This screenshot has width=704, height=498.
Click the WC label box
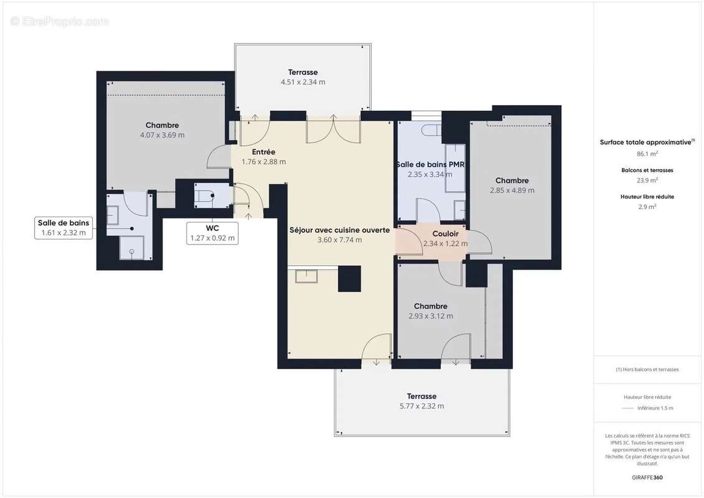(213, 233)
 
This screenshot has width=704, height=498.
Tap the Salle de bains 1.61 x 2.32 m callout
(63, 228)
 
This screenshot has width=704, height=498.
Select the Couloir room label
(445, 234)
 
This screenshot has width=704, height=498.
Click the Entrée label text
(263, 152)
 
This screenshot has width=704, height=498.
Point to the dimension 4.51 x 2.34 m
(303, 82)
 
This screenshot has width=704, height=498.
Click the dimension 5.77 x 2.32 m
(421, 406)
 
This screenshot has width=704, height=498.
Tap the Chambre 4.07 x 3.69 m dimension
(162, 135)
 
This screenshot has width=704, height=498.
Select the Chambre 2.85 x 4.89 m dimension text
(512, 190)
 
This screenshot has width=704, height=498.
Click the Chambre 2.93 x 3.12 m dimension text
(431, 316)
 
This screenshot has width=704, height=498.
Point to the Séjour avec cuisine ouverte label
(339, 230)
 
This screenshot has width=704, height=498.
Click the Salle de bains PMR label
(430, 164)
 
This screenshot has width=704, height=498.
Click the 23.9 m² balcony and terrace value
(647, 180)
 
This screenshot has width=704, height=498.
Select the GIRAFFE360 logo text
(647, 477)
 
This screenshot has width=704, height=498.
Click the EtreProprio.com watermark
(60, 22)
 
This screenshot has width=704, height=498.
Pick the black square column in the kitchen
(349, 278)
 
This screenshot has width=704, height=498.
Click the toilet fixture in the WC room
(205, 197)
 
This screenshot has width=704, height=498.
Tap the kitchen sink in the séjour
(307, 276)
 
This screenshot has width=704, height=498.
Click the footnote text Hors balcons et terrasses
(647, 369)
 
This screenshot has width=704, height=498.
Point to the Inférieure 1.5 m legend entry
(655, 408)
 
